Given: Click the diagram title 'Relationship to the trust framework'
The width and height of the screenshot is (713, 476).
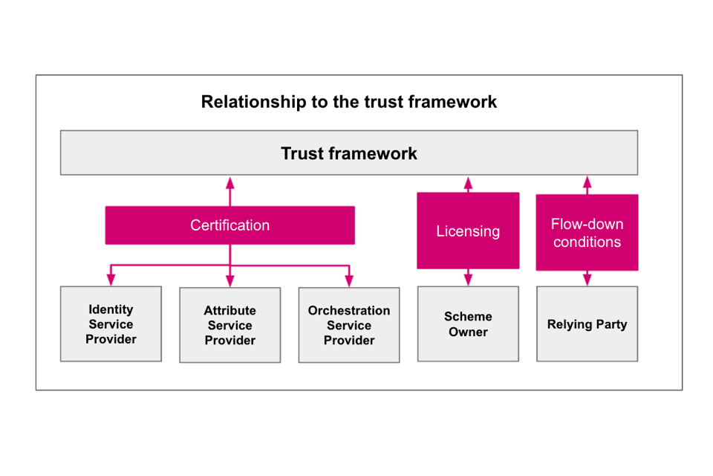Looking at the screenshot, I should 349,102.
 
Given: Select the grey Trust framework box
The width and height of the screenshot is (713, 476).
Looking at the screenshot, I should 349,153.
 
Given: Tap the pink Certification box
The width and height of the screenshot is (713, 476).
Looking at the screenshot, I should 229,225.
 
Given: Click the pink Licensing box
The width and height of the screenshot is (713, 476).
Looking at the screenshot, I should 468,231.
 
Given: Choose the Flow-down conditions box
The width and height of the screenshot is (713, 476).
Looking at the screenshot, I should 587,233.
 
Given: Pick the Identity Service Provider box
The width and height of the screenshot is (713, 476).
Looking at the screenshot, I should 111,324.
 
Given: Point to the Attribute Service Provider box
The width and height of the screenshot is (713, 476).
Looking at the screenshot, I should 230,325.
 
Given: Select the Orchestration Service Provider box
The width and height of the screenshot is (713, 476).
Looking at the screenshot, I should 349,325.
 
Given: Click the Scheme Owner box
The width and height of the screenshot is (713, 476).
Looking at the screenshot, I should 468,324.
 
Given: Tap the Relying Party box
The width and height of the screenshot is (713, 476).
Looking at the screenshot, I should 587,324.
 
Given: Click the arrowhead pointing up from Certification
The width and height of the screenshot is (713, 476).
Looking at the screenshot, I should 230,181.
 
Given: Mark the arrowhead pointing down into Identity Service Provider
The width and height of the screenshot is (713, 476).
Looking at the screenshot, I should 111,280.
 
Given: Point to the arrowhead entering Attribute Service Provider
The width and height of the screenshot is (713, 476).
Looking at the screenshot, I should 230,281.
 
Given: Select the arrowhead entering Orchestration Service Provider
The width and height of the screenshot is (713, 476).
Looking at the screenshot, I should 349,281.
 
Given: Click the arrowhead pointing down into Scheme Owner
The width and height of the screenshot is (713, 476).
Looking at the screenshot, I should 468,280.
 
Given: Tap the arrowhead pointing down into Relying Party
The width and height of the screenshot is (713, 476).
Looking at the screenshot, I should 587,280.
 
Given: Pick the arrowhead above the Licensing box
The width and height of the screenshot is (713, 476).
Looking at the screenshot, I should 468,181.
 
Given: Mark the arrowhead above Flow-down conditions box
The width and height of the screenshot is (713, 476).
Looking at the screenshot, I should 587,181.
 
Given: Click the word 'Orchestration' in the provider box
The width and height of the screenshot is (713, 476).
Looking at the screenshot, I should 349,310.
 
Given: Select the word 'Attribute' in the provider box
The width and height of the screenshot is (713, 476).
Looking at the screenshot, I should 230,310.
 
